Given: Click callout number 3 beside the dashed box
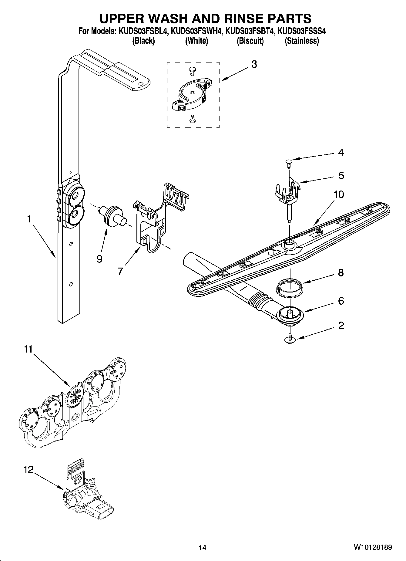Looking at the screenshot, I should pyautogui.click(x=254, y=64).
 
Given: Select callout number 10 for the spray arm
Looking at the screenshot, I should pyautogui.click(x=339, y=194).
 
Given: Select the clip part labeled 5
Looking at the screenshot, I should pyautogui.click(x=288, y=191).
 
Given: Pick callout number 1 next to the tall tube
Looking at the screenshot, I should pyautogui.click(x=29, y=219).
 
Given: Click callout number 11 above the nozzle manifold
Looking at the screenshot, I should pyautogui.click(x=28, y=349).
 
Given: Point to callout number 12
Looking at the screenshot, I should pyautogui.click(x=28, y=470).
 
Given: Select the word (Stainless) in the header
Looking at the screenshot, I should pyautogui.click(x=301, y=41).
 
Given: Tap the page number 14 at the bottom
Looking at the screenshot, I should pyautogui.click(x=202, y=548).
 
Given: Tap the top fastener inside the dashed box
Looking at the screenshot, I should pyautogui.click(x=191, y=71).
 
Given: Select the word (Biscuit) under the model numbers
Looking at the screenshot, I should pyautogui.click(x=250, y=41).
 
